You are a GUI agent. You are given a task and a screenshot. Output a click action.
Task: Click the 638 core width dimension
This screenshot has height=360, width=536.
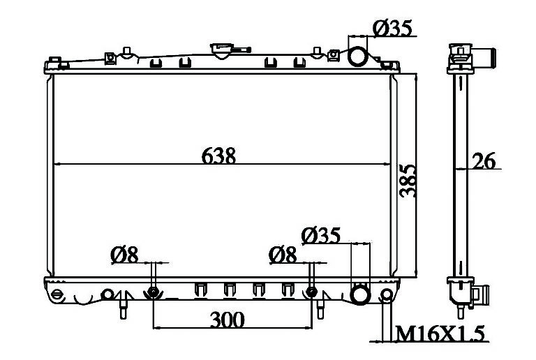click(218, 156)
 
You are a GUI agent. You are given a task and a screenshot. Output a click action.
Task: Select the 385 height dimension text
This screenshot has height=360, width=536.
click(408, 181)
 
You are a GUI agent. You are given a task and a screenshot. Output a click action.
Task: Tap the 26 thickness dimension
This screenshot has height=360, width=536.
click(484, 161)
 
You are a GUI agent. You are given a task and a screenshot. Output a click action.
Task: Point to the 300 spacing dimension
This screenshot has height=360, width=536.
click(228, 320)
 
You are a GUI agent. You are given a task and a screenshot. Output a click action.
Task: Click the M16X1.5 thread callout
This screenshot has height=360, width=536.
click(440, 333)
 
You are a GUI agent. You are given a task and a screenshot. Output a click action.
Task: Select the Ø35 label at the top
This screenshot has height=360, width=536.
click(393, 28)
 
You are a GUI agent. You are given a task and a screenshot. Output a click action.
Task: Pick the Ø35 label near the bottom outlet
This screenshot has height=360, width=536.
click(321, 235)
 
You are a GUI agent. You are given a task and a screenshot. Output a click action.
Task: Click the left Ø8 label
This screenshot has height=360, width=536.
click(124, 255)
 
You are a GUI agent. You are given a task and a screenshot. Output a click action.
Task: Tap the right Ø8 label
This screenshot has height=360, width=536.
click(283, 255)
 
